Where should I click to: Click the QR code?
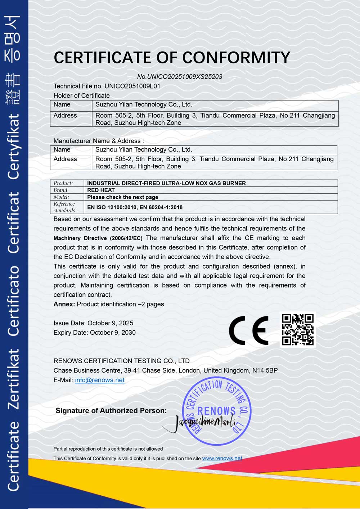tap(298, 329)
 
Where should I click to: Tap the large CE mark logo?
tap(249, 330)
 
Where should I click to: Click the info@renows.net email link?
tap(100, 380)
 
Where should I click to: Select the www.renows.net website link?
tap(222, 458)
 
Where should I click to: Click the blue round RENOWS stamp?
tap(216, 411)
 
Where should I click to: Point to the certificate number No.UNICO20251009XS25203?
tap(180, 77)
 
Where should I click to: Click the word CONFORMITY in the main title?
tap(236, 58)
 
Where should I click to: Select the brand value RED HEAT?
tap(101, 190)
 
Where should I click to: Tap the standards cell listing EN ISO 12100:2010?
tap(135, 207)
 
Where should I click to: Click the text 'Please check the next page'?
tap(122, 197)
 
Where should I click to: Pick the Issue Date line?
tap(93, 323)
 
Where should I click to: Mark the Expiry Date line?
tap(94, 332)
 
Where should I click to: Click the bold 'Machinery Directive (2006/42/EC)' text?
tap(98, 238)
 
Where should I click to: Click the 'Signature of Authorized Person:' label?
tap(111, 411)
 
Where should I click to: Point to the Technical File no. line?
tap(107, 86)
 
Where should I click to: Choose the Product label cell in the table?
tap(63, 183)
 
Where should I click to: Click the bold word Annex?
tap(64, 304)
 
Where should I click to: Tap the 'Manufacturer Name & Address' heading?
tap(98, 141)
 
